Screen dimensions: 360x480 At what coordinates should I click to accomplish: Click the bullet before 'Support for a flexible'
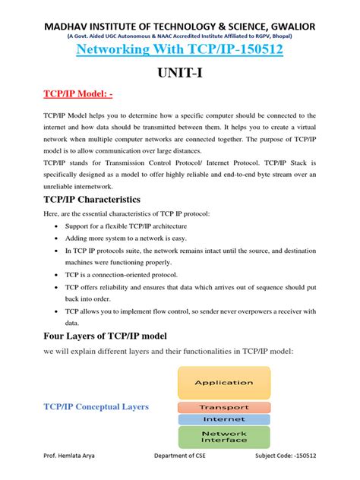[58, 226]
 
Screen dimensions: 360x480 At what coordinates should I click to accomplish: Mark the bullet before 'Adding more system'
[58, 238]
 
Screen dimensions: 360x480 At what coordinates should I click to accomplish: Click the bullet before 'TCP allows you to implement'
[58, 311]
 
